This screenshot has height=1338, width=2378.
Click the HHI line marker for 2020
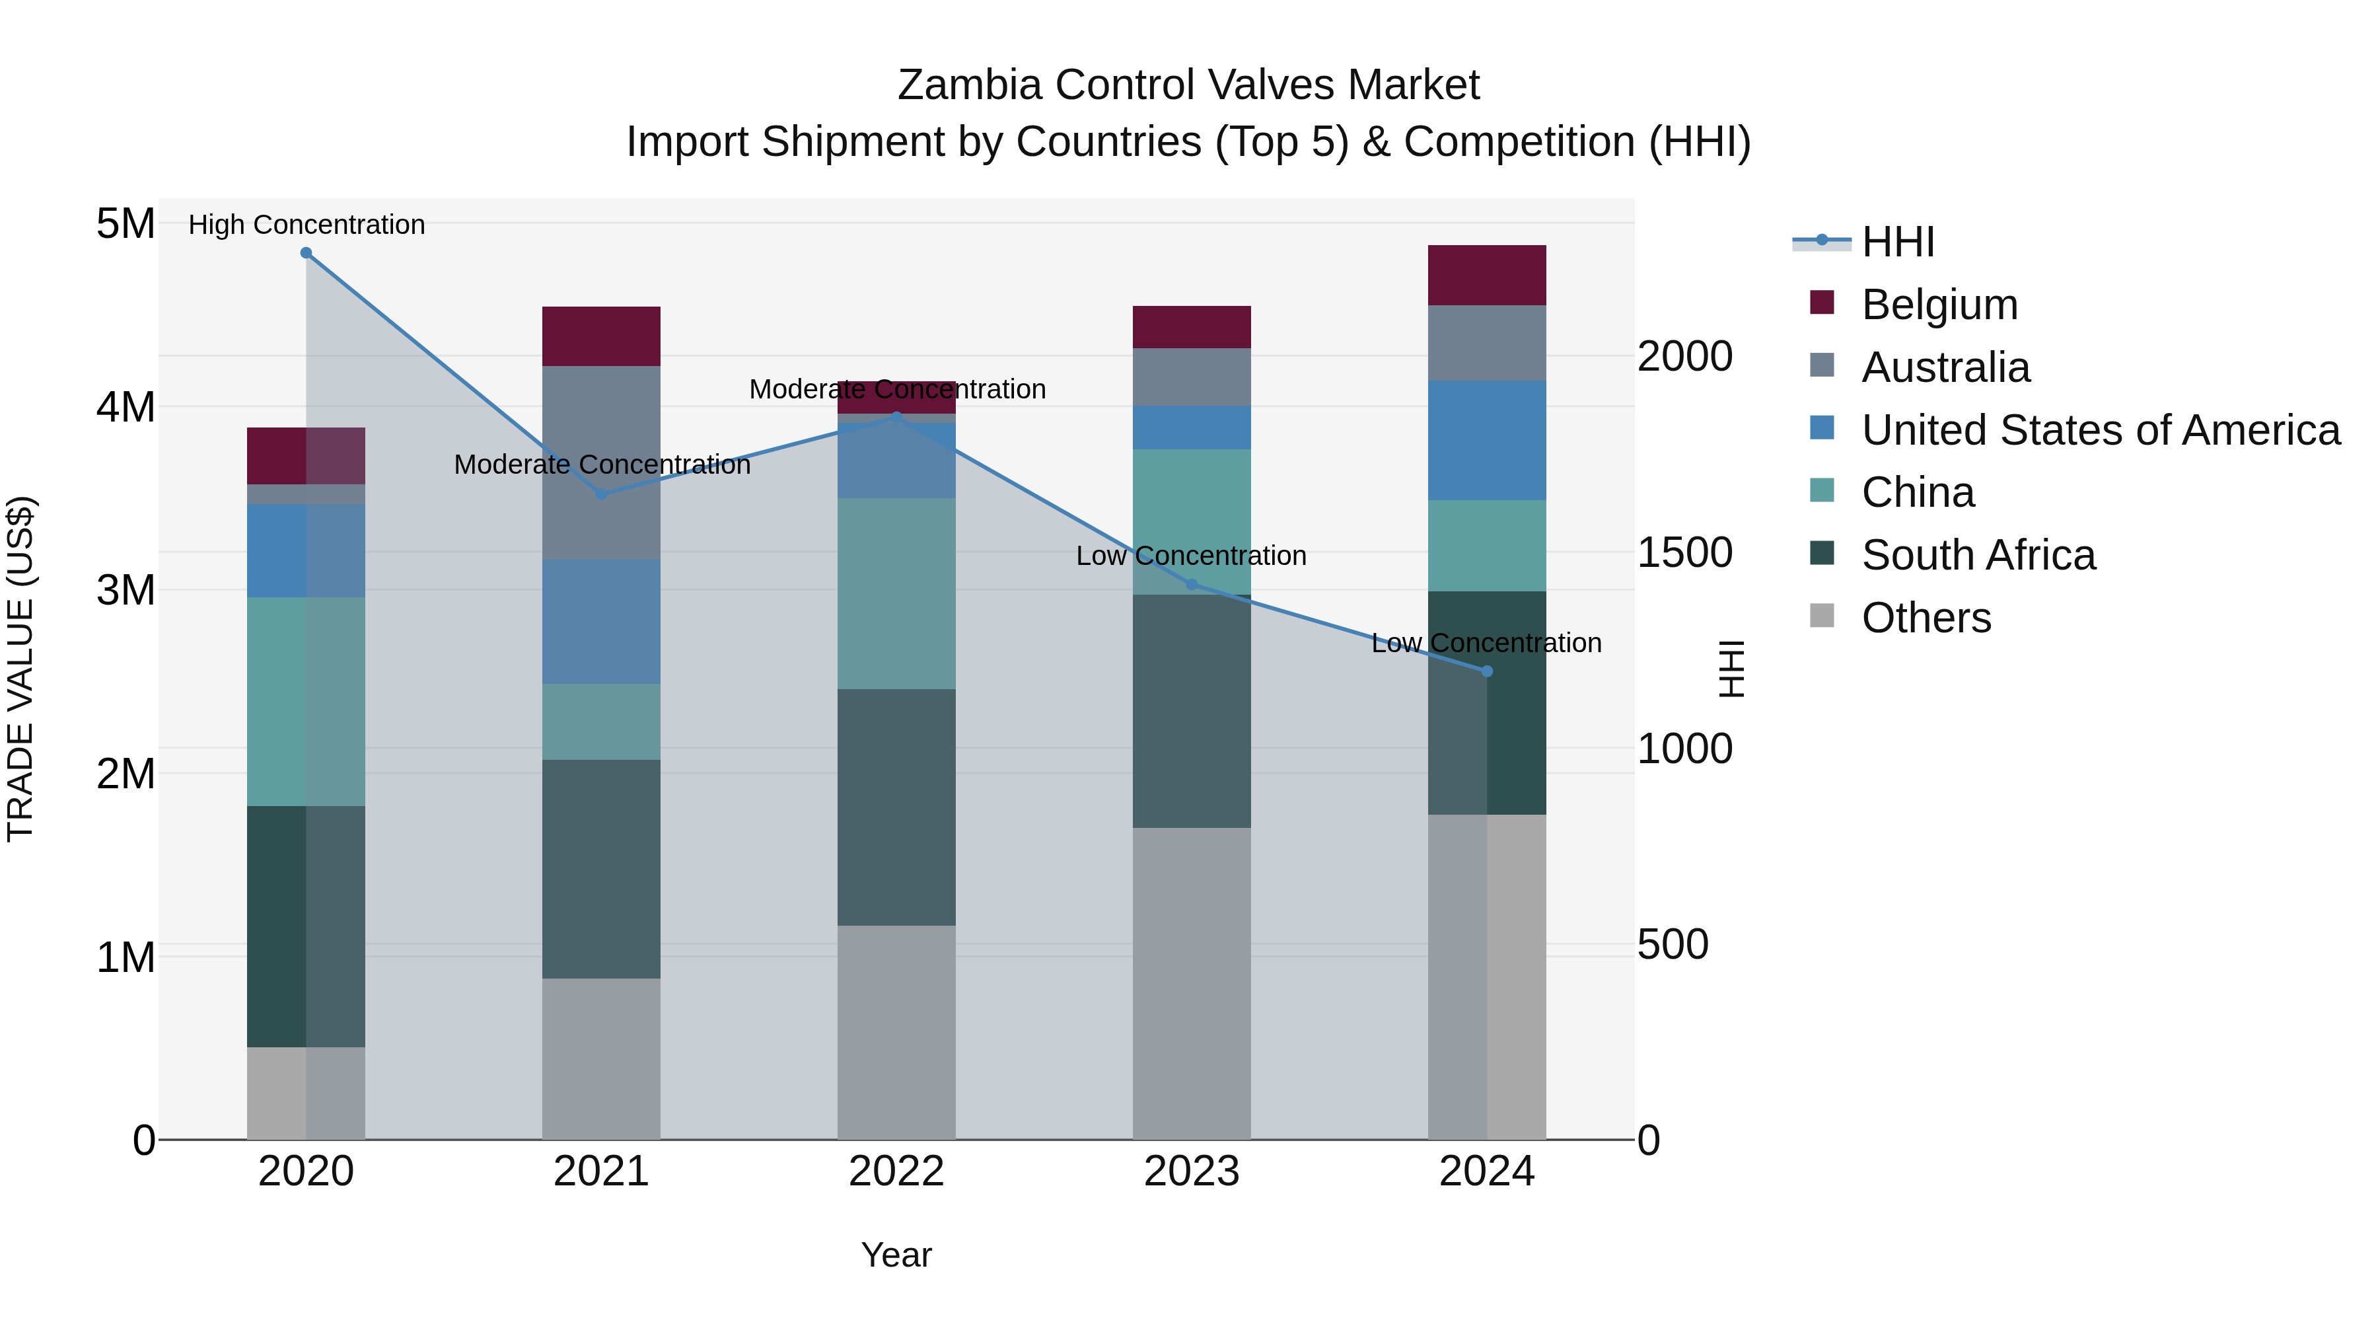pyautogui.click(x=306, y=253)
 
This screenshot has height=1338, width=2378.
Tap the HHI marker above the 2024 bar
pyautogui.click(x=1486, y=671)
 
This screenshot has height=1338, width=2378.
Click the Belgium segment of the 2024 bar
pyautogui.click(x=1486, y=275)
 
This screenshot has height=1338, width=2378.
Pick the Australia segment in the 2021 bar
pyautogui.click(x=601, y=462)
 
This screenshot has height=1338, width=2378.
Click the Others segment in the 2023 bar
pyautogui.click(x=1191, y=983)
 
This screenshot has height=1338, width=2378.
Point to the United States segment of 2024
pyautogui.click(x=1486, y=441)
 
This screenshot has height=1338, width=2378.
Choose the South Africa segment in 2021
pyautogui.click(x=601, y=868)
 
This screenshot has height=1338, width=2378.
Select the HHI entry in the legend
pyautogui.click(x=1897, y=242)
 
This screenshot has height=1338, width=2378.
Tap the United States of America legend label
pyautogui.click(x=2100, y=430)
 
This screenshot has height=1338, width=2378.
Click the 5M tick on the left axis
pyautogui.click(x=126, y=223)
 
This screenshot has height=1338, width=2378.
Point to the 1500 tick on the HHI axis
pyautogui.click(x=1684, y=552)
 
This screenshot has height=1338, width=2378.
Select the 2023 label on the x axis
pyautogui.click(x=1191, y=1171)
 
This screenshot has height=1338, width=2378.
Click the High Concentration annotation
pyautogui.click(x=306, y=225)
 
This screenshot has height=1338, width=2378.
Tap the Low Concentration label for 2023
pyautogui.click(x=1191, y=556)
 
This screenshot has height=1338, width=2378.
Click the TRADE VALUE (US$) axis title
pyautogui.click(x=20, y=669)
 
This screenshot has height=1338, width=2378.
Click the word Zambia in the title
pyautogui.click(x=969, y=85)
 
